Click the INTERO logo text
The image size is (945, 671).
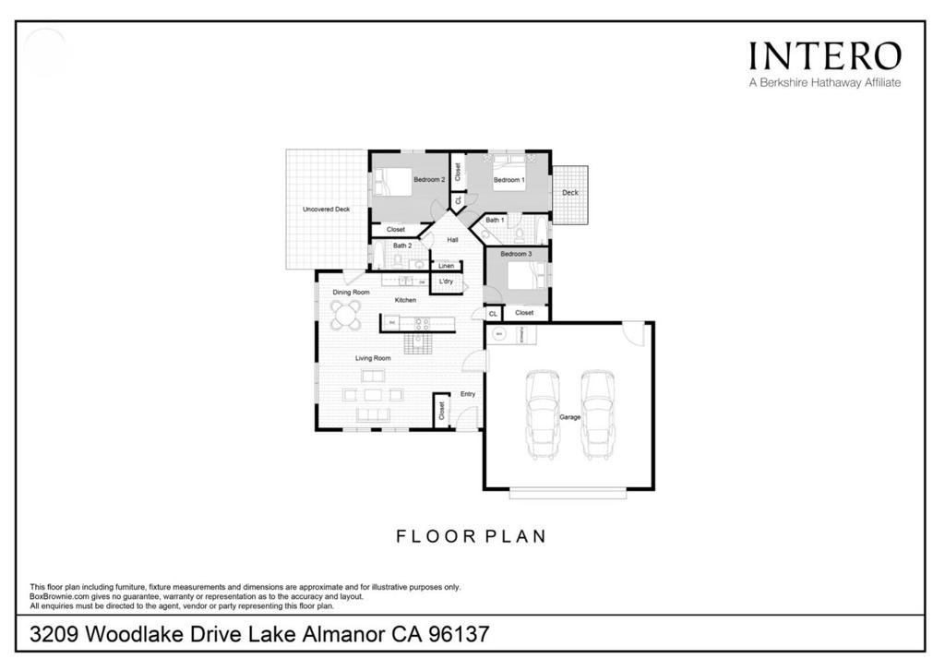pos(824,55)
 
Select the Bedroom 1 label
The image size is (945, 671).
pos(508,180)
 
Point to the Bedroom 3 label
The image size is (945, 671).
pos(516,254)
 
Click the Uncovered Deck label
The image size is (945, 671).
pos(326,210)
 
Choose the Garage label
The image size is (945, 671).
pos(569,417)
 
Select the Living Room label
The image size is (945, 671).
pos(374,358)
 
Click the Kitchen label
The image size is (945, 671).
pos(405,300)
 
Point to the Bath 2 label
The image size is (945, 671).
pos(401,246)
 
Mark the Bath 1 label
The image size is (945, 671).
pos(495,220)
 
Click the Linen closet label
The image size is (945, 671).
pos(446,266)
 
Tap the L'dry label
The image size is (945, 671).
pos(446,281)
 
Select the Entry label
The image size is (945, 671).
pos(468,394)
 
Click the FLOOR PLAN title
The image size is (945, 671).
pos(472,535)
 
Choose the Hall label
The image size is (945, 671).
pos(452,240)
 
